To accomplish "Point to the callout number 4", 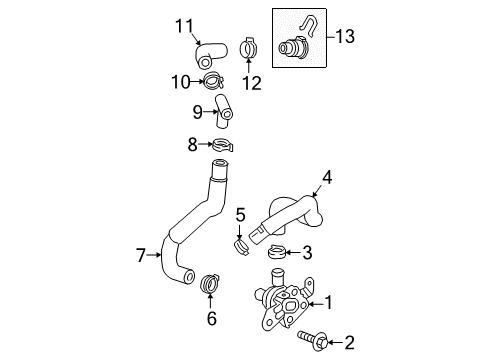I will pos(326,180).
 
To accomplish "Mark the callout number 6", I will pos(211,319).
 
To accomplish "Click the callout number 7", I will pos(142,255).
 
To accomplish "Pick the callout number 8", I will pos(192,146).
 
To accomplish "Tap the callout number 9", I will pos(198,112).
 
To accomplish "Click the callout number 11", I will pos(183,25).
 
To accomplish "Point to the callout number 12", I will pos(251,84).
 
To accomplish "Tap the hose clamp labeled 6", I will pos(211,283).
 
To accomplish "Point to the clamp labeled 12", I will pos(250,47).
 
